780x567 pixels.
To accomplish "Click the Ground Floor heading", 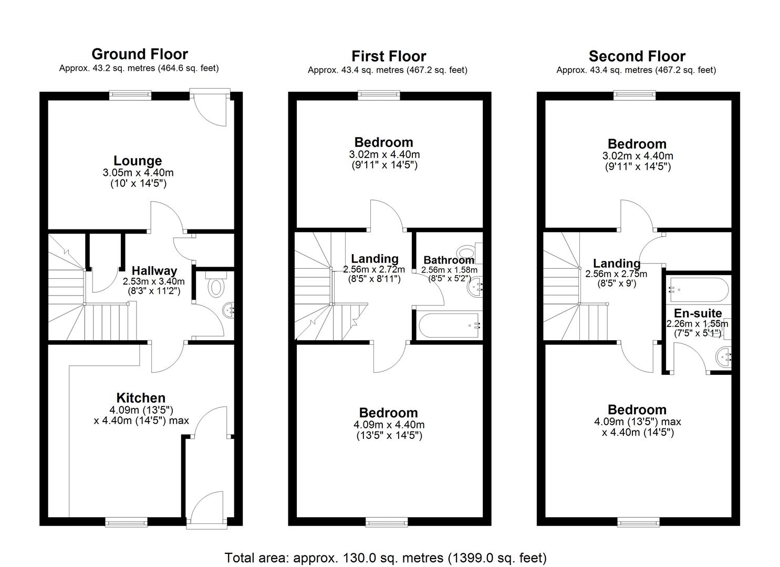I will pyautogui.click(x=139, y=54).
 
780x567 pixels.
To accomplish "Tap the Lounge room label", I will pyautogui.click(x=138, y=161).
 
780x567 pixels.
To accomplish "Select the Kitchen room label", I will pyautogui.click(x=141, y=398).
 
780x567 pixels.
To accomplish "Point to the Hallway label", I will pyautogui.click(x=154, y=271).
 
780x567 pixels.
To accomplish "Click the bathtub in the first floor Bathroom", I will pyautogui.click(x=450, y=325).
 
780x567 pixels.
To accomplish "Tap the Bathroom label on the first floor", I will pyautogui.click(x=449, y=260).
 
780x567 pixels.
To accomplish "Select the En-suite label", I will pyautogui.click(x=698, y=313).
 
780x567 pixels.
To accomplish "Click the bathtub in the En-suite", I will pyautogui.click(x=698, y=289).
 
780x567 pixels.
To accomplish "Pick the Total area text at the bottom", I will pyautogui.click(x=386, y=558).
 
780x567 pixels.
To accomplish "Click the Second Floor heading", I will pyautogui.click(x=637, y=56).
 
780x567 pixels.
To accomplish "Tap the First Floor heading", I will pyautogui.click(x=389, y=56).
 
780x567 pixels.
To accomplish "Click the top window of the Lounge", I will pyautogui.click(x=130, y=95).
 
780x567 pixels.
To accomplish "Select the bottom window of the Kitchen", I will pyautogui.click(x=126, y=521).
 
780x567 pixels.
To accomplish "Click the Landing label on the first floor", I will pyautogui.click(x=375, y=259).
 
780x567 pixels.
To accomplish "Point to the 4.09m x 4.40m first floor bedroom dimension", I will pyautogui.click(x=389, y=425).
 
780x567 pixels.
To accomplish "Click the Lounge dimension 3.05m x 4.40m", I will pyautogui.click(x=138, y=173).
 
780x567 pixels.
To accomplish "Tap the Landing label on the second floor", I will pyautogui.click(x=617, y=264).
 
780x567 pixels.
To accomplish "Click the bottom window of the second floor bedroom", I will pyautogui.click(x=638, y=521).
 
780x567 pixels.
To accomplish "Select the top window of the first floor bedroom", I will pyautogui.click(x=379, y=95).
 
